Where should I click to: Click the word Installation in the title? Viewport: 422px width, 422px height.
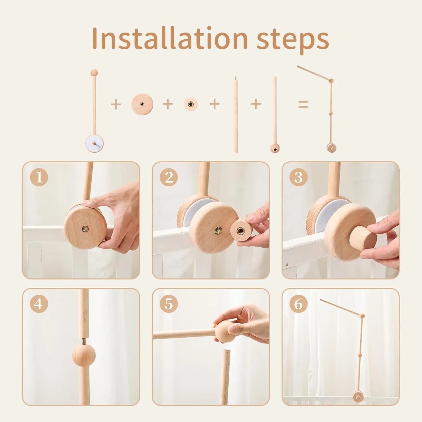click(170, 39)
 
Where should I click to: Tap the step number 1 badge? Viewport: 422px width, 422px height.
click(39, 177)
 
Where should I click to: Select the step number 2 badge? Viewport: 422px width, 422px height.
click(169, 177)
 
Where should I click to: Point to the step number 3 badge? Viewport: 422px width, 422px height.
click(298, 177)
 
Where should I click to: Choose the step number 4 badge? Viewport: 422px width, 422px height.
click(39, 304)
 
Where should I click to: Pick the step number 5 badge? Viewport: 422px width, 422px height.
click(169, 304)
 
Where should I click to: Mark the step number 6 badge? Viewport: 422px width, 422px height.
click(298, 304)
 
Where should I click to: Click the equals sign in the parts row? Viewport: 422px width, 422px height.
click(303, 104)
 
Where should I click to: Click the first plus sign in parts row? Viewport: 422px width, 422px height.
click(116, 104)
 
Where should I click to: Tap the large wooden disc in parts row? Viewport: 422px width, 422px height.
click(142, 104)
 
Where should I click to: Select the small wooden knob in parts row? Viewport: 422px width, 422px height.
click(191, 104)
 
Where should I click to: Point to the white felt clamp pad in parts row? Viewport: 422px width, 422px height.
click(94, 143)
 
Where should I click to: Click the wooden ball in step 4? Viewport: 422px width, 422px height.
click(84, 355)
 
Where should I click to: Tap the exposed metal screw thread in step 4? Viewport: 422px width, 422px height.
click(84, 341)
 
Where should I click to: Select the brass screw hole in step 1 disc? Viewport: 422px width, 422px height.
click(85, 229)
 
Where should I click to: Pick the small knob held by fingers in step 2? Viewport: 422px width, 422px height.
click(242, 230)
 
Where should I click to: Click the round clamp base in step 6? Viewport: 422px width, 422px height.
click(358, 397)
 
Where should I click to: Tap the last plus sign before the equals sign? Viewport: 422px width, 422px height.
click(256, 104)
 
